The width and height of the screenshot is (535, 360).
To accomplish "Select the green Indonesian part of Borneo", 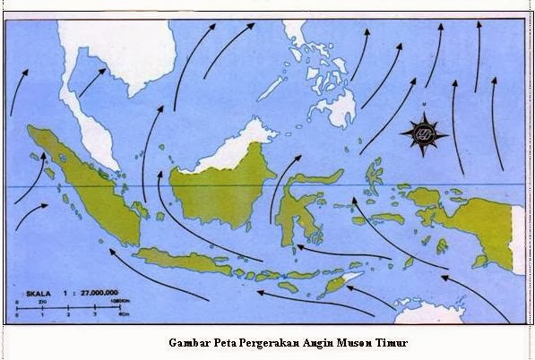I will coord(220,193).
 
